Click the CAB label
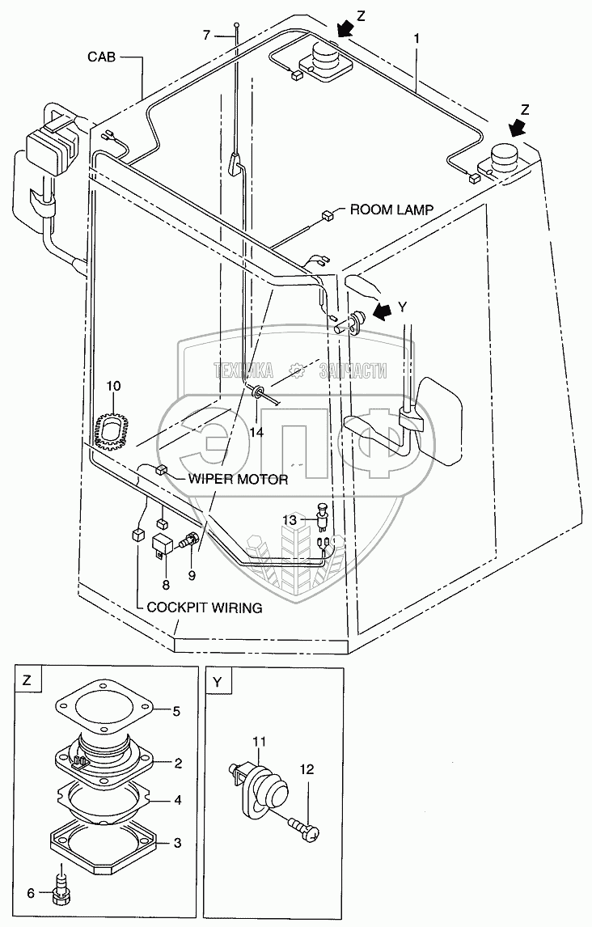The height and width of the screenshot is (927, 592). (104, 57)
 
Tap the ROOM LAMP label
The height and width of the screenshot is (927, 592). (391, 210)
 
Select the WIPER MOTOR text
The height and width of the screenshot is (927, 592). (238, 480)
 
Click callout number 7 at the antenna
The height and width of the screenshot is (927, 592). (207, 35)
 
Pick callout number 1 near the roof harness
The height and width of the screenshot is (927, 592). (417, 36)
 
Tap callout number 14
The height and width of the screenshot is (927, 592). (256, 432)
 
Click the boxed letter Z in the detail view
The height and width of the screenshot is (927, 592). (27, 681)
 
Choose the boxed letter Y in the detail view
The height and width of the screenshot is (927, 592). (217, 681)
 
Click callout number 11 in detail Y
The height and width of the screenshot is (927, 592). (260, 741)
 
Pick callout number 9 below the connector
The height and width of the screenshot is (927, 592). (192, 577)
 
